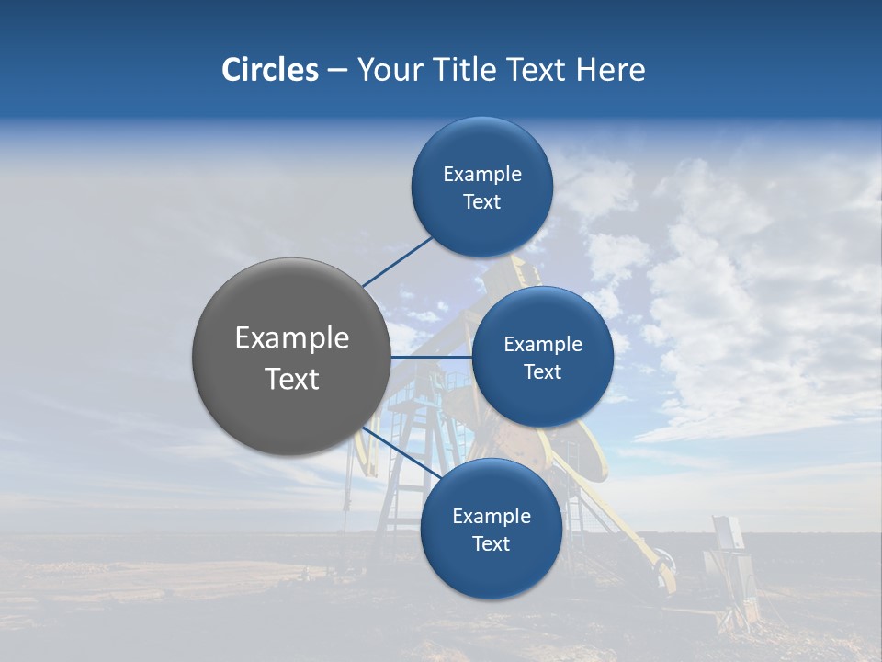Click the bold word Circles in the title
point(269,70)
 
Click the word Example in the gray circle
point(292,337)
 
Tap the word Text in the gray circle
point(292,379)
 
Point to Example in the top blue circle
point(482,174)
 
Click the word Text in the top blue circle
point(481,201)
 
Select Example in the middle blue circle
point(543,344)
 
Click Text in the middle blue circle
point(542,371)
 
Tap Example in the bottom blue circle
point(492,516)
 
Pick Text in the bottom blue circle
point(491,543)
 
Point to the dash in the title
point(337,71)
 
